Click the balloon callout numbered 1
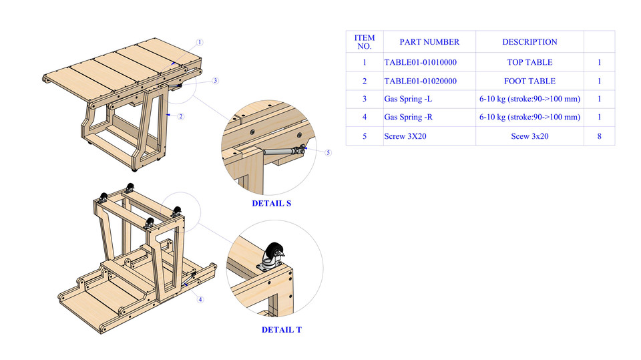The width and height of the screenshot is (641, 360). click(200, 42)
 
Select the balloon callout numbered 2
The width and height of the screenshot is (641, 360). click(180, 116)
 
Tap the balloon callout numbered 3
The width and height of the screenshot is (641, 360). click(215, 81)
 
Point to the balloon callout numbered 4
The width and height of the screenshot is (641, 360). click(200, 299)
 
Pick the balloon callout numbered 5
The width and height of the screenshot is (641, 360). click(328, 152)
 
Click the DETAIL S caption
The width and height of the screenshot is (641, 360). click(271, 203)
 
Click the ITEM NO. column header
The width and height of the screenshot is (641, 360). click(365, 42)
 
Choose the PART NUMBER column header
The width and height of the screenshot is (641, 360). click(429, 42)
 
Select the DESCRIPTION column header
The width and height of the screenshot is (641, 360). click(529, 42)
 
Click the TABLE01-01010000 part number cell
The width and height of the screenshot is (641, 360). click(421, 63)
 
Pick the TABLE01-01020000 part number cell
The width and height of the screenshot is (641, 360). click(421, 81)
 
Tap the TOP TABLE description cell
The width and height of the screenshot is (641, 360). click(529, 63)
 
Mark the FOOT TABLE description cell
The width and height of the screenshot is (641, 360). click(529, 81)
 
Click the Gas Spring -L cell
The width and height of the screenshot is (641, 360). click(408, 100)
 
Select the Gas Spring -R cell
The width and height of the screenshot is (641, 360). click(408, 118)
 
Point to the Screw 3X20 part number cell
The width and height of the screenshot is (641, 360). click(405, 136)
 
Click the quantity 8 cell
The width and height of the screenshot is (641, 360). click(599, 136)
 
